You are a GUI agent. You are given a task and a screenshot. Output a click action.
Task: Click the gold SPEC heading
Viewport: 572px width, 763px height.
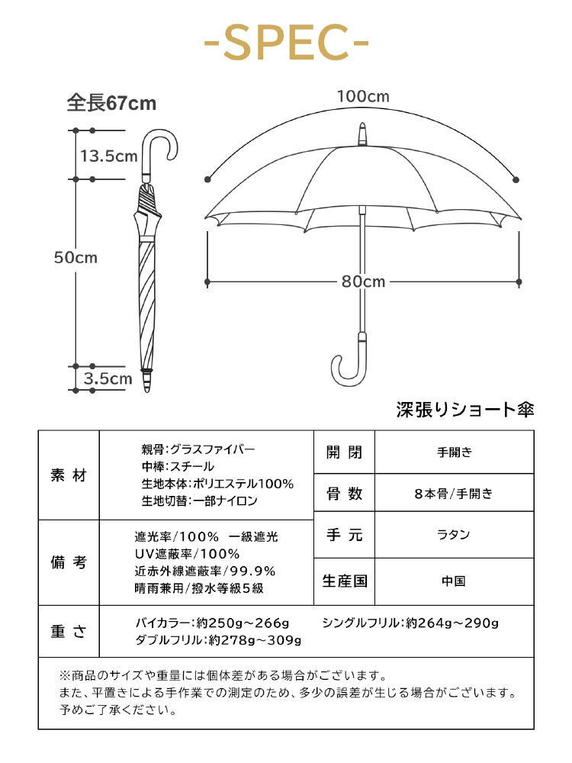click(x=286, y=43)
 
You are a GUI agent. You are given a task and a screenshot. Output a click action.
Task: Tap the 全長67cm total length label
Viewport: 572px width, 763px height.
click(x=111, y=103)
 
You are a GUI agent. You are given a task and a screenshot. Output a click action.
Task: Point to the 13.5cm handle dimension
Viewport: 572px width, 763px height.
click(x=109, y=156)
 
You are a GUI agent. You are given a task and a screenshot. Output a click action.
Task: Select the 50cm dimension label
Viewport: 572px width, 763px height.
click(x=76, y=257)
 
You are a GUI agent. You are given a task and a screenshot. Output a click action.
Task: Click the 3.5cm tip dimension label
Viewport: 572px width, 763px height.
click(x=108, y=378)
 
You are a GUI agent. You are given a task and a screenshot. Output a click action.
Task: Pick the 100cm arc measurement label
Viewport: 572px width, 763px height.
click(x=363, y=96)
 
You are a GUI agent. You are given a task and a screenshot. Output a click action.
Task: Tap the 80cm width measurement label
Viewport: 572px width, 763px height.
click(x=363, y=282)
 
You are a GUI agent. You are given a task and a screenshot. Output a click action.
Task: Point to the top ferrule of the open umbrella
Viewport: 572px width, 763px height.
click(x=362, y=134)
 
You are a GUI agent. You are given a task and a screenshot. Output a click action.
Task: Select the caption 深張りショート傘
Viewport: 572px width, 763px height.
click(x=465, y=410)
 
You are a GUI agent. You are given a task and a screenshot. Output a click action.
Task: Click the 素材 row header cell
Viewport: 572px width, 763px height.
click(x=69, y=475)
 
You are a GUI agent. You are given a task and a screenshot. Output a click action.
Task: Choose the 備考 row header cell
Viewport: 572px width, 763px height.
click(x=69, y=562)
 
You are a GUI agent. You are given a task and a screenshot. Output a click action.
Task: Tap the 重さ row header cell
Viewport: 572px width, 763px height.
click(x=69, y=631)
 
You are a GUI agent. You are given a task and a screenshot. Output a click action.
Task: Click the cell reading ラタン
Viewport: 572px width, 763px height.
click(x=454, y=534)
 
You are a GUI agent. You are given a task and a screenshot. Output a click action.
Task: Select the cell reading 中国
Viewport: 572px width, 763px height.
click(x=454, y=581)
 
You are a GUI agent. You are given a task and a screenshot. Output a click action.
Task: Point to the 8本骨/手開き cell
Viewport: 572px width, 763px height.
click(x=454, y=494)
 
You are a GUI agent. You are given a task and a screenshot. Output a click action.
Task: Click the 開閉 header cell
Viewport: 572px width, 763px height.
click(x=345, y=452)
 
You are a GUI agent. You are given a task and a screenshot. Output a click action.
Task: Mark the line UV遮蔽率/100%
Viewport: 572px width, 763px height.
click(x=188, y=554)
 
